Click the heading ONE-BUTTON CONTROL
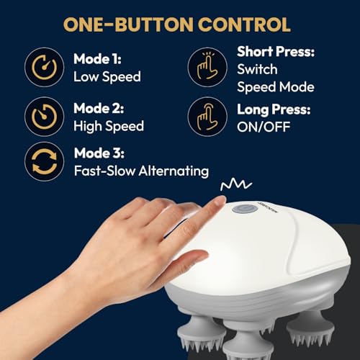tap(177, 24)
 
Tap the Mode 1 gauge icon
tap(45, 67)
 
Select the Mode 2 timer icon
tap(45, 117)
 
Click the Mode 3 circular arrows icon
tap(45, 161)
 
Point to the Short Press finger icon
tap(207, 67)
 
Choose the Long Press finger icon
tap(207, 117)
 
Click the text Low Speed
tap(107, 77)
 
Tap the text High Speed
tap(109, 126)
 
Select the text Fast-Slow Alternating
tap(141, 171)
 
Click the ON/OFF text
tap(264, 127)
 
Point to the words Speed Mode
tap(276, 87)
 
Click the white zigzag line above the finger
tap(236, 185)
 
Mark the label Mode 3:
tap(99, 153)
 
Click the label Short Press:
tap(276, 52)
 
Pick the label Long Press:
tap(274, 109)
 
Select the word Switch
tap(257, 69)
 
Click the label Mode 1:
tap(97, 59)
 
